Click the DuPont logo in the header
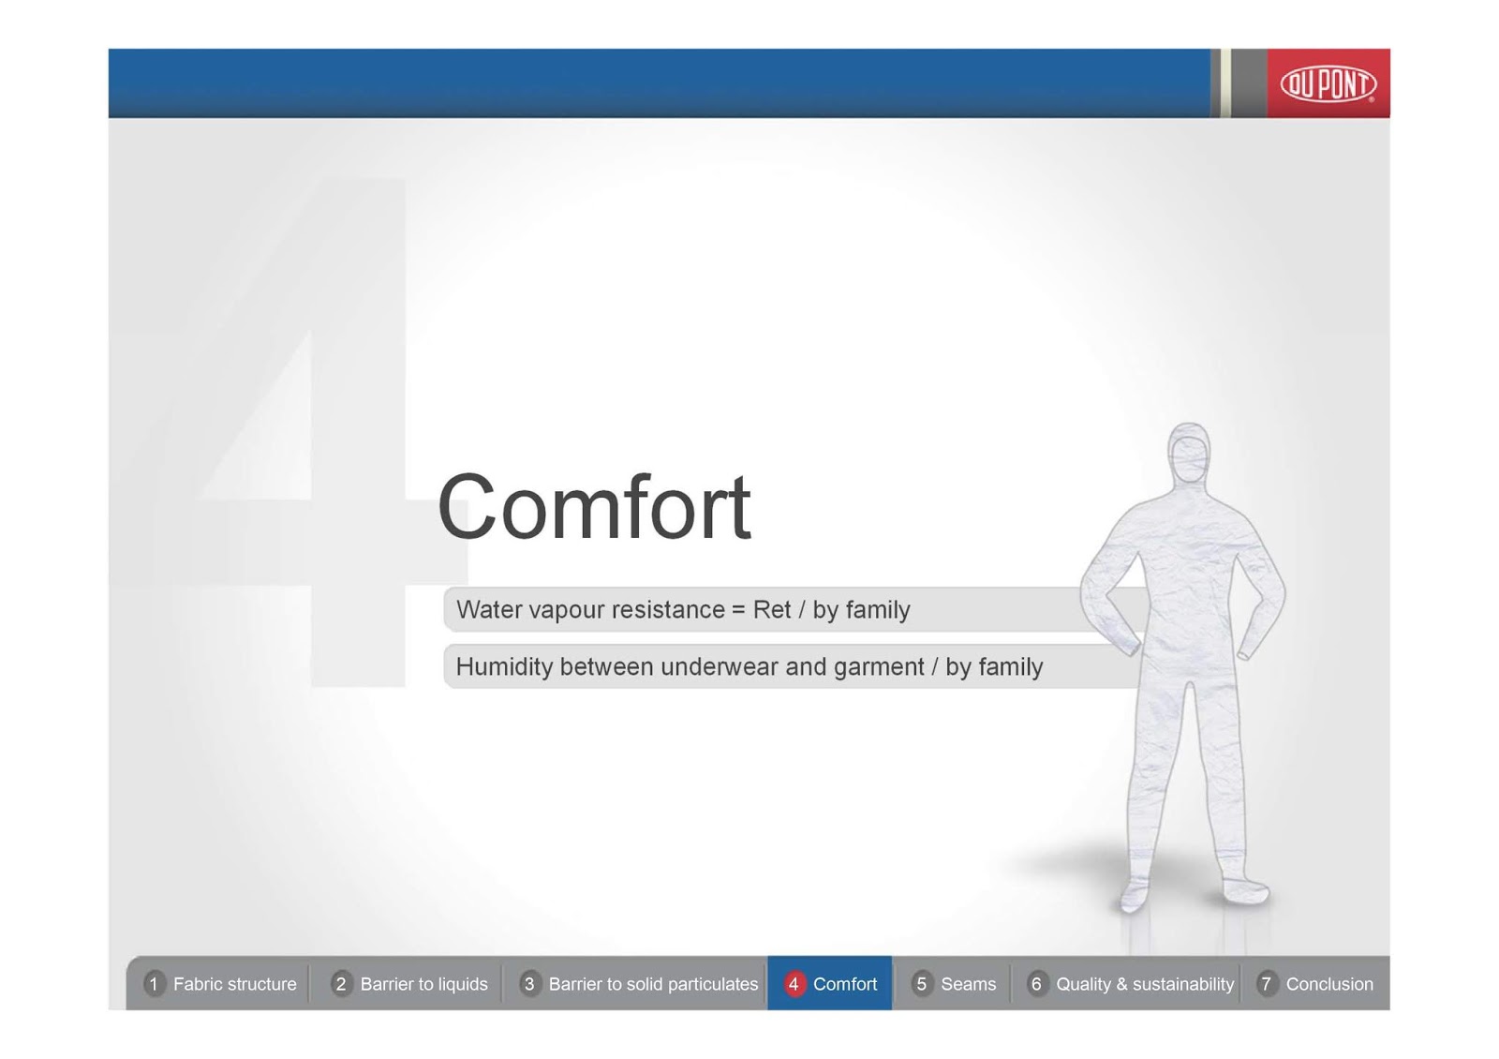pos(1328,84)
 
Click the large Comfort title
pos(594,507)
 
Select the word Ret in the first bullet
pos(772,610)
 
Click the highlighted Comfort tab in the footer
pos(830,983)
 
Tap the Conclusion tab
pos(1315,984)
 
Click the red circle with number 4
pos(794,984)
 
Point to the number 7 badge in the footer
pos(1266,984)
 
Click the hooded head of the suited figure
pos(1189,455)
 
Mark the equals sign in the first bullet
pos(738,610)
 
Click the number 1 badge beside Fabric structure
pos(154,984)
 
